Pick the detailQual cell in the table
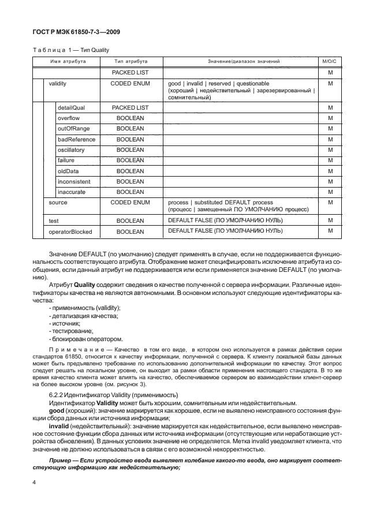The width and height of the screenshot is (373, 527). click(70, 107)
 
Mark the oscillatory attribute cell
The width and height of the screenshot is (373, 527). click(70, 149)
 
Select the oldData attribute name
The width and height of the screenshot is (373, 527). click(68, 171)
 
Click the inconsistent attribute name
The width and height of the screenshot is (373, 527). click(72, 181)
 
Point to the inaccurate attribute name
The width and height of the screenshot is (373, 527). click(70, 192)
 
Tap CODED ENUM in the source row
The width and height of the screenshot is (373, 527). click(130, 203)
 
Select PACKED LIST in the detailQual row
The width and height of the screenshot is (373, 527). click(130, 107)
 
